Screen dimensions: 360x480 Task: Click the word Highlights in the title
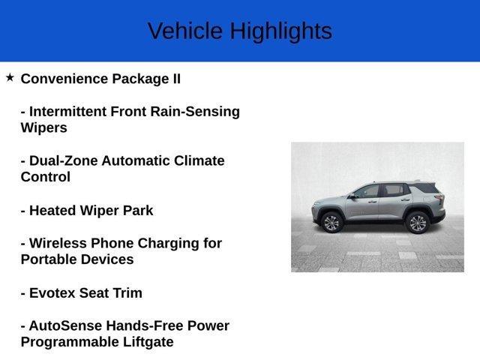[280, 31]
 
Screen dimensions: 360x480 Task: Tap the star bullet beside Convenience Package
[10, 77]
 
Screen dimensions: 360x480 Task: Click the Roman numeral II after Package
[175, 79]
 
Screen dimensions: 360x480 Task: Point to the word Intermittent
[69, 112]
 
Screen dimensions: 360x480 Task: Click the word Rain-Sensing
[195, 112]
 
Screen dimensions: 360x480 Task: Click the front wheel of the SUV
[331, 222]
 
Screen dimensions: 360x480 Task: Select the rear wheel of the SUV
[416, 222]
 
